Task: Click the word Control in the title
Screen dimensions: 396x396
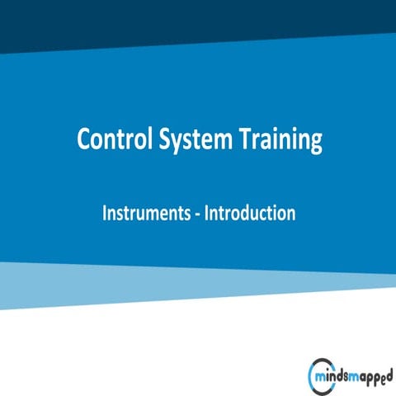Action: coord(112,139)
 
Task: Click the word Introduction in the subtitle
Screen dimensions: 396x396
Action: coord(249,212)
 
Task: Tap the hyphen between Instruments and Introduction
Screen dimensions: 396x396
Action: coord(198,214)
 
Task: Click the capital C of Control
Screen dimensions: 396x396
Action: coord(83,139)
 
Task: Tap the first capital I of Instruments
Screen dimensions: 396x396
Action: coord(105,212)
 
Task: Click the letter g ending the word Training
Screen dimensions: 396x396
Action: coord(314,144)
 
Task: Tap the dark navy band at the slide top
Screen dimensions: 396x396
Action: coord(198,16)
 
